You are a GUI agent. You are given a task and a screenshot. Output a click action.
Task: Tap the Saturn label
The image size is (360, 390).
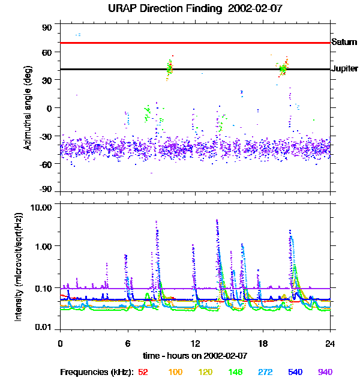point(344,43)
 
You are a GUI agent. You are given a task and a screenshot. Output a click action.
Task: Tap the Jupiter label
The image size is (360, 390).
point(344,69)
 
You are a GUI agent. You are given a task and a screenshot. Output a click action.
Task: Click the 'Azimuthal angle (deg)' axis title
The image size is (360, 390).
point(27,108)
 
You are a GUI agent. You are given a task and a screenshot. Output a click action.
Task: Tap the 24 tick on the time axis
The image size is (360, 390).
point(330,343)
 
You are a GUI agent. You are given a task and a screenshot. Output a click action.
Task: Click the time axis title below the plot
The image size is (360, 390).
point(196,355)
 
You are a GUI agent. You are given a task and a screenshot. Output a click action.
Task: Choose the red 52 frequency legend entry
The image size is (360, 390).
point(143,372)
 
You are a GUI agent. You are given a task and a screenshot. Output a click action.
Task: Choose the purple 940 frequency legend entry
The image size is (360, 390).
point(325,372)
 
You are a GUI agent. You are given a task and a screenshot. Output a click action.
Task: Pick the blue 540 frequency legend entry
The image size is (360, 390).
point(295,372)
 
